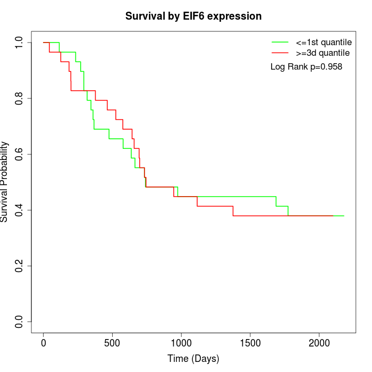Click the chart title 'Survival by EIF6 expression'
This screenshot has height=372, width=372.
click(193, 16)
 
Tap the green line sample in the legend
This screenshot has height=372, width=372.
click(280, 42)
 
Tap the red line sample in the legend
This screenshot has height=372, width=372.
click(280, 53)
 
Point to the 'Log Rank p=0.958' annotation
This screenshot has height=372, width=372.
click(306, 67)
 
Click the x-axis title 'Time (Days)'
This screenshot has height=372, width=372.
click(193, 359)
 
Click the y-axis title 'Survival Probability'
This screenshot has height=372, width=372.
click(5, 182)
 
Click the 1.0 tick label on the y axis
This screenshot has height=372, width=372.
click(20, 43)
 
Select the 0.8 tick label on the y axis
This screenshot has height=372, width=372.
click(20, 98)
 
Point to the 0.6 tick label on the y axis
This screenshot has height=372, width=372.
click(20, 154)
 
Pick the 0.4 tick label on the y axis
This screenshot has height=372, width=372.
click(20, 210)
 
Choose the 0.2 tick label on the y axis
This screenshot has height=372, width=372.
click(20, 266)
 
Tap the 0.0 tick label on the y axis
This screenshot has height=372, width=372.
click(20, 322)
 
